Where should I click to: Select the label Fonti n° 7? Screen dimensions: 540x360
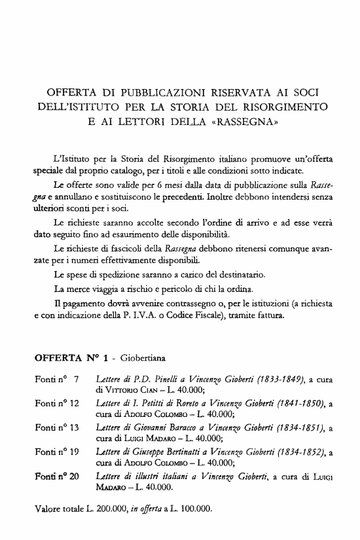point(56,380)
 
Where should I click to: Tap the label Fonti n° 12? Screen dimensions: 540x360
point(56,404)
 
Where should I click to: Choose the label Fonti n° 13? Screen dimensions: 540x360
point(56,428)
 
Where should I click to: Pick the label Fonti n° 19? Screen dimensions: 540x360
point(56,452)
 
